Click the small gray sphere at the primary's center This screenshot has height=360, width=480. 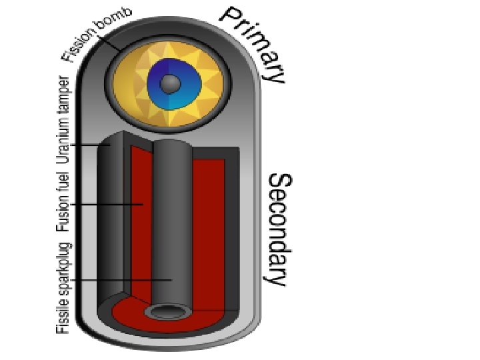171,83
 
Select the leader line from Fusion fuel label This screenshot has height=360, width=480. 107,204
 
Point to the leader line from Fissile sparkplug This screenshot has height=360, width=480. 120,280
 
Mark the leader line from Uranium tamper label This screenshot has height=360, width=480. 90,144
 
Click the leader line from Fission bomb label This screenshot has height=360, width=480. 113,44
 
